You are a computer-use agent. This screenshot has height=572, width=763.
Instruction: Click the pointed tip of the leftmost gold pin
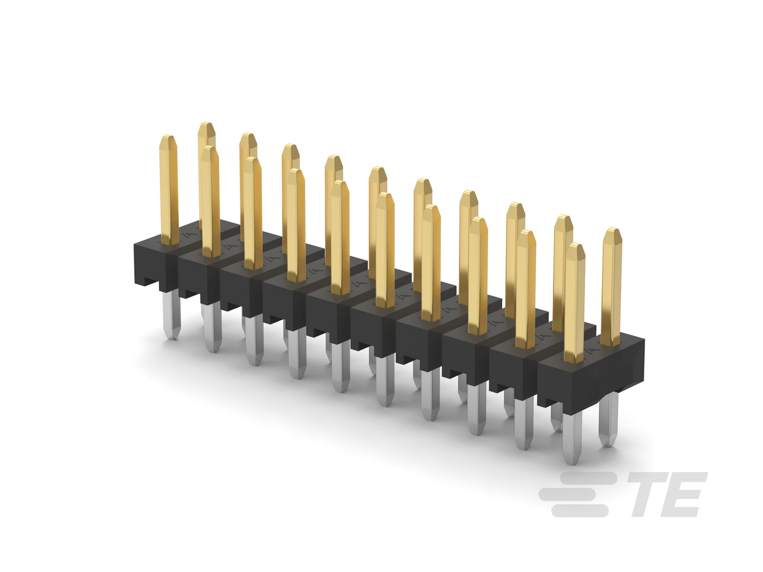point(168,136)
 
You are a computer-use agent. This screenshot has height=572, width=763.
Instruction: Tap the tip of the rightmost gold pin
point(612,229)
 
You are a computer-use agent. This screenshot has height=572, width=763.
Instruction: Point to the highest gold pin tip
point(206,122)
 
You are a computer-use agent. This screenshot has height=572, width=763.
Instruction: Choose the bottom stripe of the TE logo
point(580,511)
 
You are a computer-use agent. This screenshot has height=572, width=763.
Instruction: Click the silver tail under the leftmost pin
point(172,314)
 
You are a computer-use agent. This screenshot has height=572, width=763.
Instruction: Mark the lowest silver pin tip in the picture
point(571,462)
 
